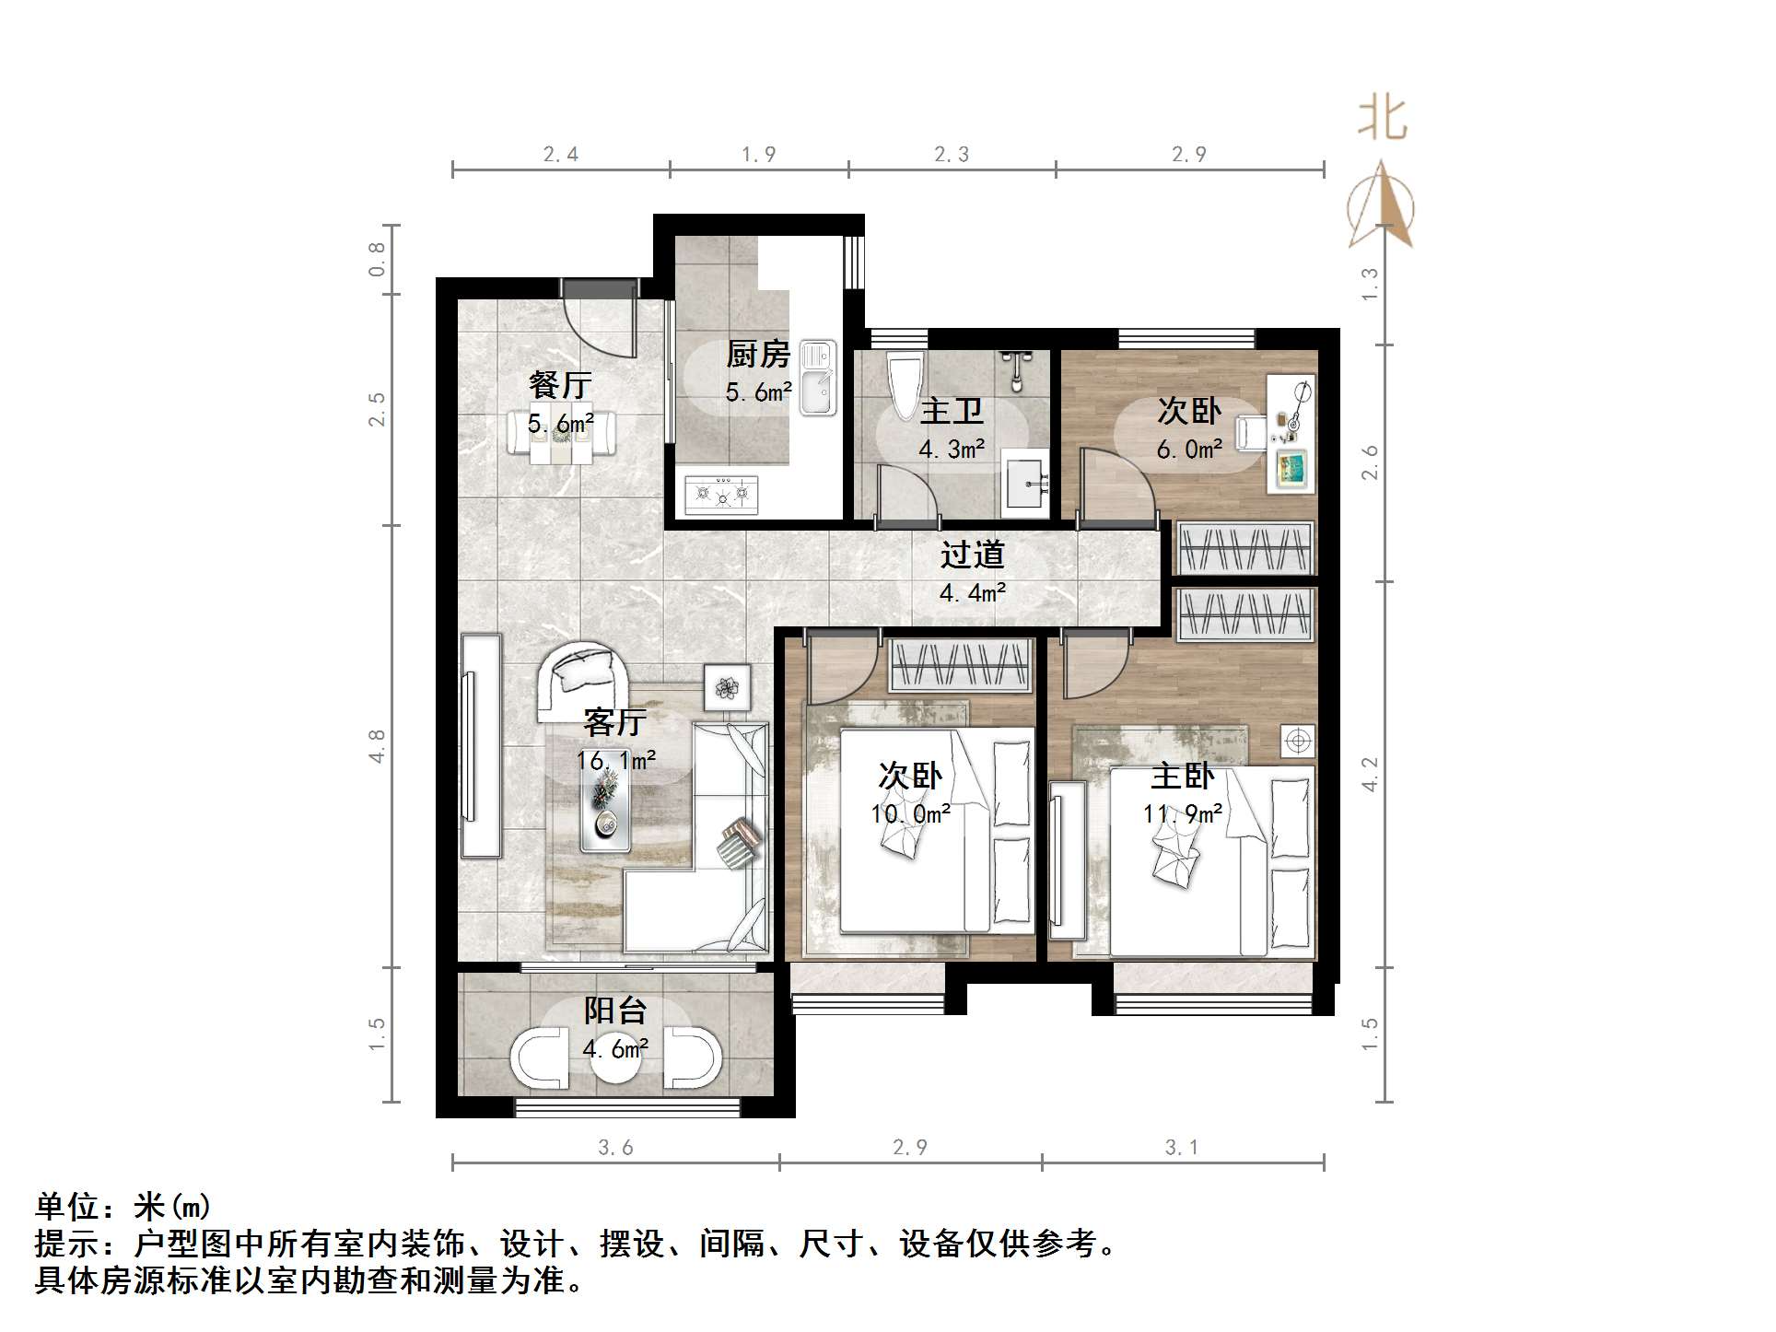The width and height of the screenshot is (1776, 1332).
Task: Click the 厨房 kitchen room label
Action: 758,354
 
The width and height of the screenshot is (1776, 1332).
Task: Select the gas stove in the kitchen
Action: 722,495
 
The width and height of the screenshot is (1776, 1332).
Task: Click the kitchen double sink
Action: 817,378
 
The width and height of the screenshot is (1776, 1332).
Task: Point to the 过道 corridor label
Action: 972,555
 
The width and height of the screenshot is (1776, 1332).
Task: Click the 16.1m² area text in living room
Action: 615,761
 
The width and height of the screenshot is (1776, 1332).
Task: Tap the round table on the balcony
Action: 614,1059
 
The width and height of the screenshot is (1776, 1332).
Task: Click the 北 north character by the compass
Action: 1382,120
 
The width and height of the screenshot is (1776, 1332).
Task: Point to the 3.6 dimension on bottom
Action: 615,1148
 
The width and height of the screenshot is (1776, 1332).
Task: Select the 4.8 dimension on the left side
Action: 377,746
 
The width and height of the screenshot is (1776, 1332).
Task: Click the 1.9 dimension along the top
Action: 758,155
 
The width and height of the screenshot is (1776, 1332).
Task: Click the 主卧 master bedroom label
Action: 1182,777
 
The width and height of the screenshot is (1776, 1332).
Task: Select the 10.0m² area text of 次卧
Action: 910,814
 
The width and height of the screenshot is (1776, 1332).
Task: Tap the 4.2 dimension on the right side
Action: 1370,774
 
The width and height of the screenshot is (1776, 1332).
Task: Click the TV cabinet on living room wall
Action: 481,745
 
